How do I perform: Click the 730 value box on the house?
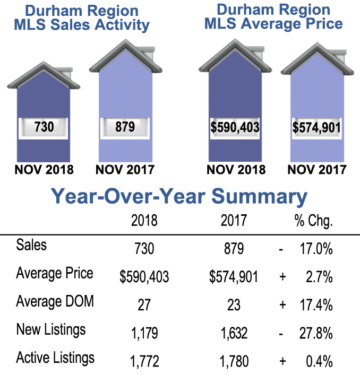click(x=44, y=128)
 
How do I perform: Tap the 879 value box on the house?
click(x=125, y=128)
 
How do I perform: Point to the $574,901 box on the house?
click(x=316, y=128)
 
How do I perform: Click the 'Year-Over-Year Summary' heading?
click(x=179, y=197)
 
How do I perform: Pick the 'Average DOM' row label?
click(x=55, y=302)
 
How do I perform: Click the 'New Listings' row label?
click(x=51, y=330)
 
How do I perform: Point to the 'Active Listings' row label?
click(x=55, y=358)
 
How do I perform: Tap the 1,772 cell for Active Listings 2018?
click(x=144, y=362)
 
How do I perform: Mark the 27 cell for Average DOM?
click(x=144, y=305)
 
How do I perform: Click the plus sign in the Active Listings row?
click(x=282, y=362)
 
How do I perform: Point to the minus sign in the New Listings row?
click(x=282, y=333)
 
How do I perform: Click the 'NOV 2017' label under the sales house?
click(x=125, y=170)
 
